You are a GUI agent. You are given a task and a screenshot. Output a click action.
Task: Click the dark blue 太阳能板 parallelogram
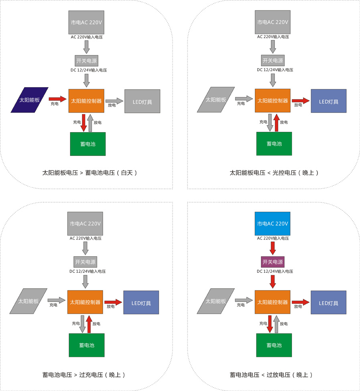pyautogui.click(x=29, y=100)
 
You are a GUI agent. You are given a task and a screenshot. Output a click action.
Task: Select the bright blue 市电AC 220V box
pyautogui.click(x=272, y=223)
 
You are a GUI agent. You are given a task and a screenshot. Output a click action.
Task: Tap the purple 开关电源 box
pyautogui.click(x=273, y=262)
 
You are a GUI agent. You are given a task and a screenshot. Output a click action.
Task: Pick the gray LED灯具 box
pyautogui.click(x=142, y=101)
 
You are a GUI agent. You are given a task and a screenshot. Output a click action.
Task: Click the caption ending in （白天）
pyautogui.click(x=90, y=173)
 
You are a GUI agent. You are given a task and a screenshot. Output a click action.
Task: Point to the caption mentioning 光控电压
pyautogui.click(x=275, y=173)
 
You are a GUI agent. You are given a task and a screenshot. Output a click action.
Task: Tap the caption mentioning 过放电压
pyautogui.click(x=271, y=375)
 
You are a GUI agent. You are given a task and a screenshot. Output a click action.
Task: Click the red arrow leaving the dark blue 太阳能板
pyautogui.click(x=57, y=98)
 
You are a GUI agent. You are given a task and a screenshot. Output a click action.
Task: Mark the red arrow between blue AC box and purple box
pyautogui.click(x=273, y=248)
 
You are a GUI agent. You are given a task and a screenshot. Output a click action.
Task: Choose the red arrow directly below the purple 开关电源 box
pyautogui.click(x=273, y=281)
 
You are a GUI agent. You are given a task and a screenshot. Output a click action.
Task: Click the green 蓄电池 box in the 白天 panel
pyautogui.click(x=87, y=144)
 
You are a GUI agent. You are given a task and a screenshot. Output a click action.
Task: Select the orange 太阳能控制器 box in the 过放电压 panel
pyautogui.click(x=272, y=302)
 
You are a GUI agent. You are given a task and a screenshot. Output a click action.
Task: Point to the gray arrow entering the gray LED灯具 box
pyautogui.click(x=115, y=100)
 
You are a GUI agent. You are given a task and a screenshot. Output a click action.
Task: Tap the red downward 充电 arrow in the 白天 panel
pyautogui.click(x=83, y=123)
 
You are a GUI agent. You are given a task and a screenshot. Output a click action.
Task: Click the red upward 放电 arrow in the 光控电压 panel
pyautogui.click(x=276, y=123)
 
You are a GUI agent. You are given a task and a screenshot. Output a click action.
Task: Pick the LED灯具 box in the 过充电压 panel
pyautogui.click(x=141, y=303)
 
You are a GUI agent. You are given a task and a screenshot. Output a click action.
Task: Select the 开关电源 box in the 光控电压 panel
pyautogui.click(x=273, y=61)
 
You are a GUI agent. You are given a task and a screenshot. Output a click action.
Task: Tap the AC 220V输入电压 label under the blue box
pyautogui.click(x=273, y=238)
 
